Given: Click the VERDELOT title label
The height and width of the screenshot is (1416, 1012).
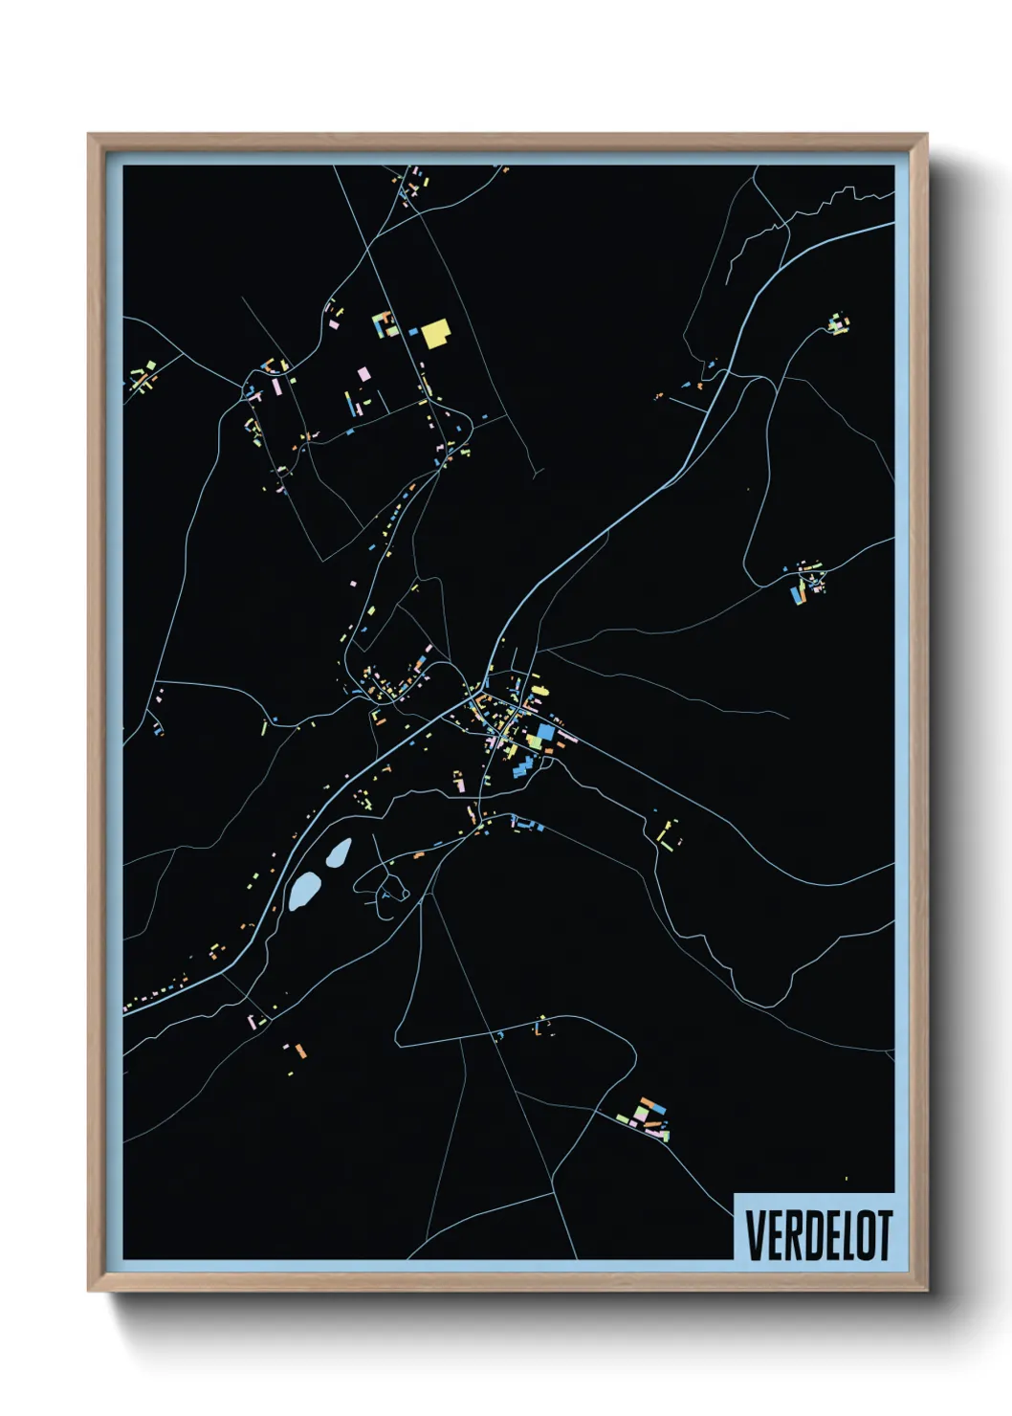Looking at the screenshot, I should coord(818,1234).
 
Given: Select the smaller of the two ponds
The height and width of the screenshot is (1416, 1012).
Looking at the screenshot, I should coord(338,852).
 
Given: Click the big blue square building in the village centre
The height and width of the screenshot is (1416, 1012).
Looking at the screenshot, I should coord(545,733).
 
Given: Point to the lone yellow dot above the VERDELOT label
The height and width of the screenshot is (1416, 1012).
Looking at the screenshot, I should coord(846,1179).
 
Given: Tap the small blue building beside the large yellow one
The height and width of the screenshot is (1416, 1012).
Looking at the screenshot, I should coord(413,332).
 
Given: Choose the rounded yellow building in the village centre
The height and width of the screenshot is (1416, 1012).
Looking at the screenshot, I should coord(533,740).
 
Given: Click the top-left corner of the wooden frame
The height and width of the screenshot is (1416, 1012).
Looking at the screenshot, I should coord(90,136).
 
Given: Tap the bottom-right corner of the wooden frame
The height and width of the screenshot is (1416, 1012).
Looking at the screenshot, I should coord(925,1290).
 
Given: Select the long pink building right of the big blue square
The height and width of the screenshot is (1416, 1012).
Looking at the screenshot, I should coord(567,736).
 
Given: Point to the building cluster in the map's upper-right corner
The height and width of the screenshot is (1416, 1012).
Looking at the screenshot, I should coord(838,322).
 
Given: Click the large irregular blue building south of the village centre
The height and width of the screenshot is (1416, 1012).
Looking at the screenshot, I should coord(523,766).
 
